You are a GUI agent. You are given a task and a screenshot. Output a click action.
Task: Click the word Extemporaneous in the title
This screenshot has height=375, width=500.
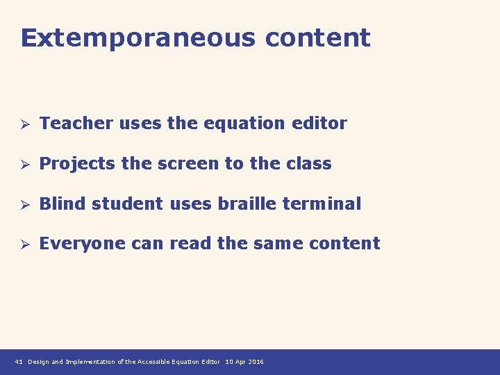(137, 37)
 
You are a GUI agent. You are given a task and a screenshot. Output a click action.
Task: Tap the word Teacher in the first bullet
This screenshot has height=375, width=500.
(76, 124)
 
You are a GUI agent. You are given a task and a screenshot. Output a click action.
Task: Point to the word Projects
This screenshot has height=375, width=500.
(77, 164)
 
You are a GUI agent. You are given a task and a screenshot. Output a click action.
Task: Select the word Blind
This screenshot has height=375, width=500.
(63, 204)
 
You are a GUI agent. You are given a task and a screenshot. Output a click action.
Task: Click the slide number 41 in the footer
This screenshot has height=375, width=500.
(19, 362)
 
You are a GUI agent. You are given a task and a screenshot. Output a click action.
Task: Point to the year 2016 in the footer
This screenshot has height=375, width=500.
(256, 362)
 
